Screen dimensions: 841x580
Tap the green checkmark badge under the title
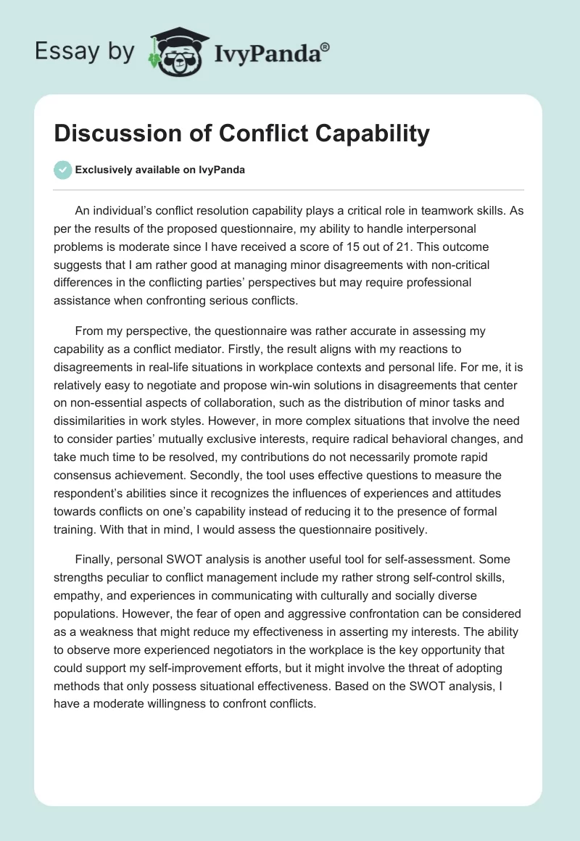pyautogui.click(x=63, y=170)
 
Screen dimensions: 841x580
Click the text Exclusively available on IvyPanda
pyautogui.click(x=160, y=170)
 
